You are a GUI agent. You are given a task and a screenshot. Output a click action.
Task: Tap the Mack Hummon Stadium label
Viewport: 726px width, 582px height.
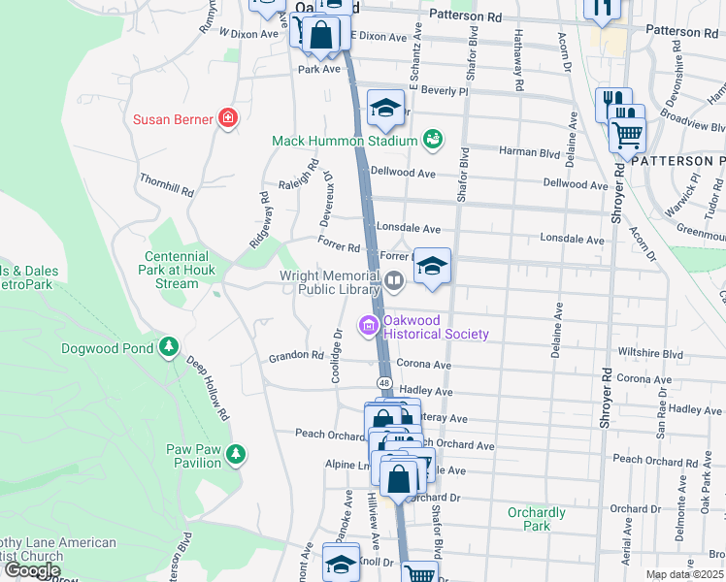click(x=345, y=141)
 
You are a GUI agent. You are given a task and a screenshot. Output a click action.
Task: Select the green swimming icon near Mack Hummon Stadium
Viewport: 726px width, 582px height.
click(x=433, y=141)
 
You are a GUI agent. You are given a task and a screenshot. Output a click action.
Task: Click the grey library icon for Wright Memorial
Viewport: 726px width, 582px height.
click(x=394, y=282)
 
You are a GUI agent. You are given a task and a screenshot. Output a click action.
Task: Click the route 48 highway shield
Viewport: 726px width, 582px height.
click(x=385, y=384)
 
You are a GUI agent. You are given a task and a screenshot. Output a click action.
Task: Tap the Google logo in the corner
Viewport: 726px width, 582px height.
click(x=32, y=570)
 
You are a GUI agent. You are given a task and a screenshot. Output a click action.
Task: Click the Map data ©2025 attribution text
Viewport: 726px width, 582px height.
click(x=685, y=574)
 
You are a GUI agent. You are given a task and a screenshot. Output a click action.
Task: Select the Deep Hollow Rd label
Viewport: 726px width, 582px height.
click(x=208, y=392)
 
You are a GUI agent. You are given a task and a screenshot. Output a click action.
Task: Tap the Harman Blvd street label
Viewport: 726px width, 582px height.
click(x=530, y=152)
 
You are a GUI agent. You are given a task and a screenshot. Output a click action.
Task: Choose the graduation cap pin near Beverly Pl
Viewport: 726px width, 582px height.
click(x=385, y=109)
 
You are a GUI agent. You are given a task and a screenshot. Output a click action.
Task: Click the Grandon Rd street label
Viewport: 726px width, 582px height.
click(x=296, y=356)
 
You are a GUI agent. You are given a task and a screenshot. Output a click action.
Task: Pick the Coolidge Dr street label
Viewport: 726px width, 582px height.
click(x=338, y=355)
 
